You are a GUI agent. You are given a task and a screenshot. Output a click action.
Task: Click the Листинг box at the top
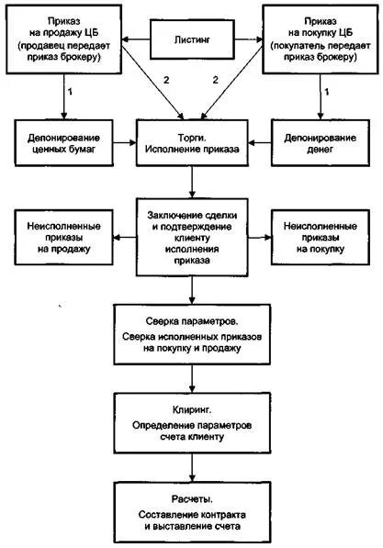click(192, 40)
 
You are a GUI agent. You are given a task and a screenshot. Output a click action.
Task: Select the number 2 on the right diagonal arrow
click(217, 80)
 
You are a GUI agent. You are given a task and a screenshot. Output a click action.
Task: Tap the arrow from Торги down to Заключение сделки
click(192, 182)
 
